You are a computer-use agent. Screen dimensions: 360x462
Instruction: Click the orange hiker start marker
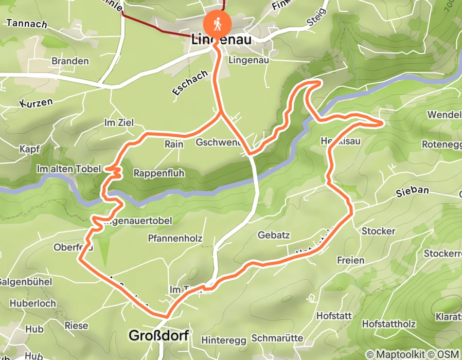click(218, 24)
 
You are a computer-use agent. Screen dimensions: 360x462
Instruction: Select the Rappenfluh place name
click(158, 173)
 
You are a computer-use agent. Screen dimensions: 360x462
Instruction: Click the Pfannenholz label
click(175, 239)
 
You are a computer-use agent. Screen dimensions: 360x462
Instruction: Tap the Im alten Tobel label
click(67, 169)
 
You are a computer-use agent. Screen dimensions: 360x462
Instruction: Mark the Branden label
click(70, 61)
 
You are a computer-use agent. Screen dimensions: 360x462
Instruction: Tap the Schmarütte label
click(277, 338)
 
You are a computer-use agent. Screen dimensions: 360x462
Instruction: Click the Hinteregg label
click(221, 340)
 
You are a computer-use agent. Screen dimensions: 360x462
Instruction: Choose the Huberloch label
click(32, 303)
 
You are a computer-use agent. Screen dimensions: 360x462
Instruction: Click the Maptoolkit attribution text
click(399, 354)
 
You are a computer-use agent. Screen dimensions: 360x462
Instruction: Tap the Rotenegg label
click(441, 145)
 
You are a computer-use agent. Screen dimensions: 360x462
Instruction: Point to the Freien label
click(351, 261)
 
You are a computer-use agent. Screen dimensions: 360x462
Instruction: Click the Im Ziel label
click(119, 123)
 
